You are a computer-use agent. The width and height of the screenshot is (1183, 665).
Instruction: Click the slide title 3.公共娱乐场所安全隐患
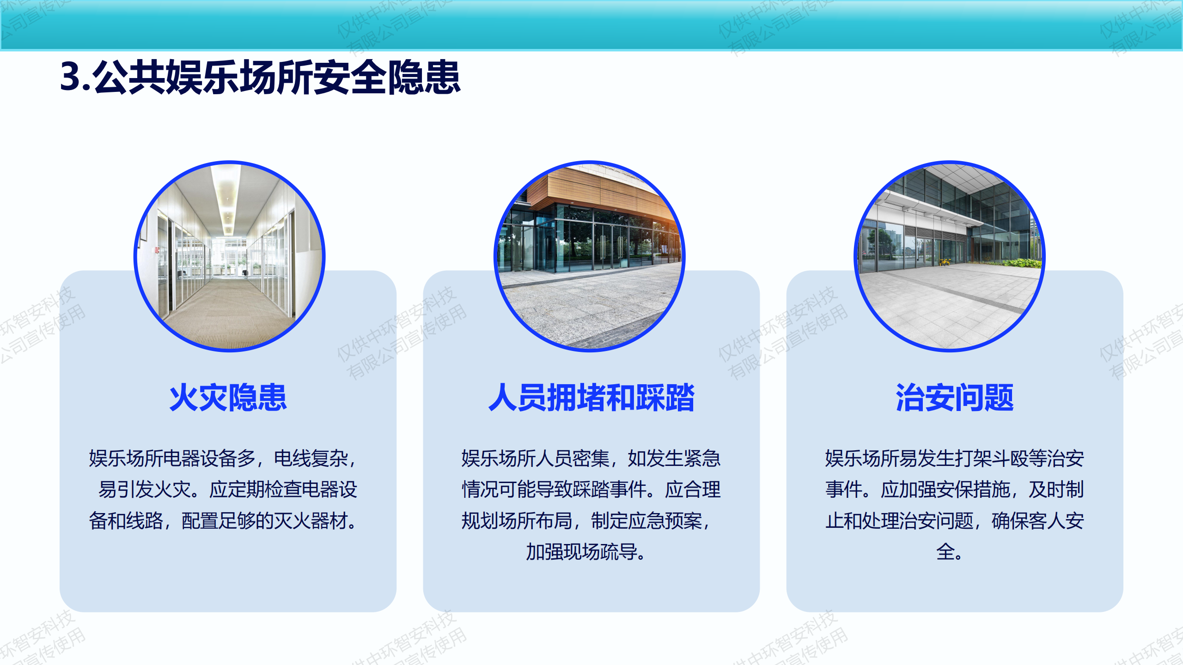[x=260, y=77]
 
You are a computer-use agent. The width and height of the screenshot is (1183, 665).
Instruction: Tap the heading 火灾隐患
[x=228, y=397]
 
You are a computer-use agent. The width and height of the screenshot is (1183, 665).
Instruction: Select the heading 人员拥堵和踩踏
[x=591, y=397]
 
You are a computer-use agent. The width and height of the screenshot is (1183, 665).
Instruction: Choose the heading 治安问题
[x=955, y=397]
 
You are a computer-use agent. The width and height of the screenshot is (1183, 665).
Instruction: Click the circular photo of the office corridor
[x=230, y=256]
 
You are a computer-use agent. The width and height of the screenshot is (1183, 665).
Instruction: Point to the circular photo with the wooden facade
[x=590, y=256]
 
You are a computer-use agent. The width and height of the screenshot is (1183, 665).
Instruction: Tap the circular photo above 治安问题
[x=950, y=256]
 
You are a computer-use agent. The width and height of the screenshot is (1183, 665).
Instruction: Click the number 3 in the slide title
[x=71, y=77]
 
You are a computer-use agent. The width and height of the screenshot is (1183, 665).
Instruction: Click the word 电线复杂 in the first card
[x=311, y=459]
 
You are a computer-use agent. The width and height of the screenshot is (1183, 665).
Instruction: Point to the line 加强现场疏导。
[x=586, y=552]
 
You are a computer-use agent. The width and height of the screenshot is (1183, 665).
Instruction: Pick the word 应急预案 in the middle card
[x=665, y=521]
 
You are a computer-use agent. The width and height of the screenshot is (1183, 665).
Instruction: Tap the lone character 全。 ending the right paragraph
[x=950, y=552]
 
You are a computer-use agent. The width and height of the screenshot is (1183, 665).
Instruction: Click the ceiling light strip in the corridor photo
[x=228, y=199]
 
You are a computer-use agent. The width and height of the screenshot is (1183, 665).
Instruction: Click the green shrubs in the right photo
[x=1019, y=263]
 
